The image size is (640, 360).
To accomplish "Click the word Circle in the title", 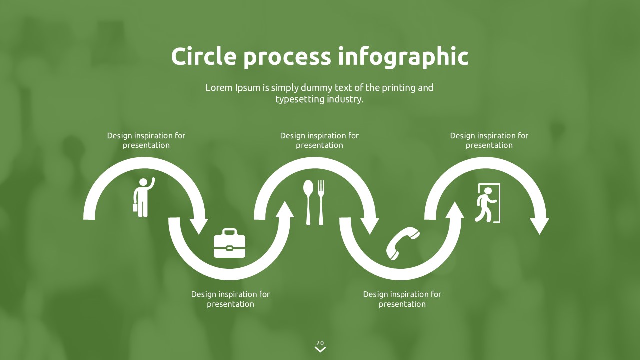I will coord(203,56).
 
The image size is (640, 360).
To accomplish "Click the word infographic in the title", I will coord(403,56).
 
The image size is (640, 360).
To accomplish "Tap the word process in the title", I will coord(287,57).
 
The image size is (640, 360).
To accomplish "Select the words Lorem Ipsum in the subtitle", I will coord(234,88).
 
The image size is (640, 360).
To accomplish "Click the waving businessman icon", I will coord(143,197).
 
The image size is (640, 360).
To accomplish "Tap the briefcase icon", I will coord(229,243).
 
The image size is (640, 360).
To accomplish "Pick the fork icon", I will coord(321,202).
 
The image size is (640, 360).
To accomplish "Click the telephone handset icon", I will coord(402,243).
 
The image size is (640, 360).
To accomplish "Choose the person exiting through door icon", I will coord(488,203).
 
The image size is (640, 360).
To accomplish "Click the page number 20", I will coord(320,343).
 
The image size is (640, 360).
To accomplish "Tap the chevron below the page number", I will coord(320,350).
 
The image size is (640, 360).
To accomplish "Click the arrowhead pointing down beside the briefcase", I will coord(199,226).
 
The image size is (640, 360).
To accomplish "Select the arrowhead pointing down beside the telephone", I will coord(370,226).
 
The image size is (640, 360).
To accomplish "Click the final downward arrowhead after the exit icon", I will coord(540,226).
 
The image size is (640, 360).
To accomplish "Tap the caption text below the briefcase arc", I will coord(230,299).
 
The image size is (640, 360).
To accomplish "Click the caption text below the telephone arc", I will coord(402,299).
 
